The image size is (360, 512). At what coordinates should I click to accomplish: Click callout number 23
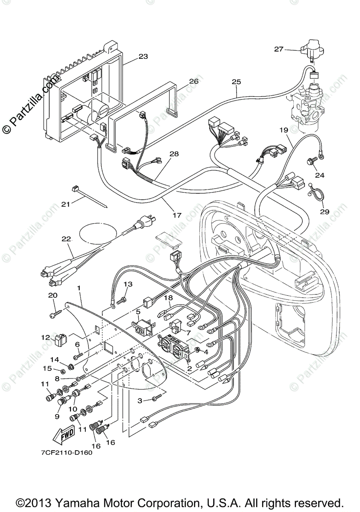pos(143,56)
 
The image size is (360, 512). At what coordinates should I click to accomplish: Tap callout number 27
pos(279,49)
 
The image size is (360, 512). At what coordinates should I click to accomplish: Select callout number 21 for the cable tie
pos(65,204)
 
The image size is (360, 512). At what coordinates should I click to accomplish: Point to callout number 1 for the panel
pos(79,288)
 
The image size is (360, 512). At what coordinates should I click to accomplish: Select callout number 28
pos(174,154)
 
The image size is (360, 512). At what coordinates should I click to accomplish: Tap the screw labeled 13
pos(122,301)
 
